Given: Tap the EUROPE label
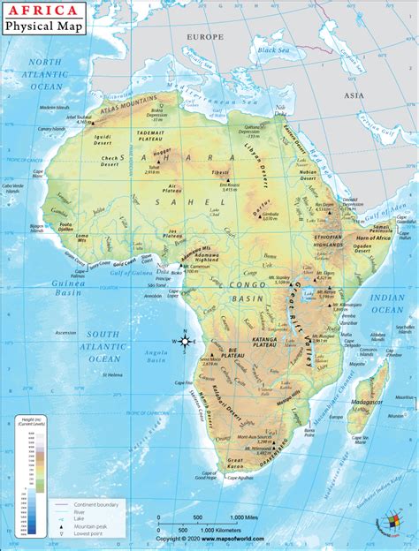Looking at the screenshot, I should pyautogui.click(x=204, y=37).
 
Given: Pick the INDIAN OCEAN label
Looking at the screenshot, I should pyautogui.click(x=387, y=303).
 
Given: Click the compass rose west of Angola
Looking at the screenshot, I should pyautogui.click(x=184, y=342).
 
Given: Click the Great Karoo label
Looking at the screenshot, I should pyautogui.click(x=236, y=461).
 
